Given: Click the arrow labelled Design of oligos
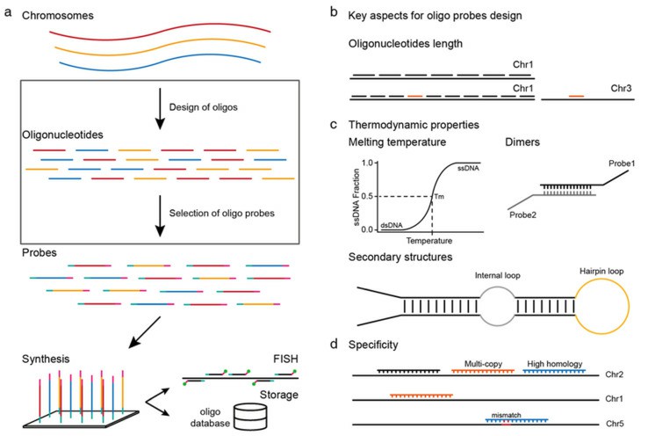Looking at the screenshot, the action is [x=160, y=108].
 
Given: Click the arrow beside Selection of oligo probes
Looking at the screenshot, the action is [x=160, y=215].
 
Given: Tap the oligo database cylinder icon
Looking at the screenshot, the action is [x=250, y=416].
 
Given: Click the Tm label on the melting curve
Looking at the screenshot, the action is [x=439, y=196].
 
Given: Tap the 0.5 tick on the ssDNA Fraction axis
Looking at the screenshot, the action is [x=367, y=196].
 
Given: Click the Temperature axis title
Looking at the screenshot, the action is [x=429, y=241].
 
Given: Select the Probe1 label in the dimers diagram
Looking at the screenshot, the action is [x=622, y=163].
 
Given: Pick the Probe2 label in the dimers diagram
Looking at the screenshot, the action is [x=522, y=214].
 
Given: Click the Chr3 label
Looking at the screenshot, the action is [x=621, y=88].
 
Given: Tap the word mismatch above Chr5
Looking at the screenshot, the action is [x=507, y=415].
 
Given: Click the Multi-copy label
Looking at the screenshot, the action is [x=483, y=364].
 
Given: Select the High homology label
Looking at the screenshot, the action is [x=555, y=364].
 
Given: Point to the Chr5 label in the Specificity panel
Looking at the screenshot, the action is [x=615, y=424].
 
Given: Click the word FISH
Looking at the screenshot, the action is [x=285, y=359].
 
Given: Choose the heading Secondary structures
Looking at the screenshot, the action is [x=400, y=257].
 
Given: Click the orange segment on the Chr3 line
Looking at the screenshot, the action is [x=576, y=96].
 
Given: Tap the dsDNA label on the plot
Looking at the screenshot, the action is [x=392, y=225].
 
